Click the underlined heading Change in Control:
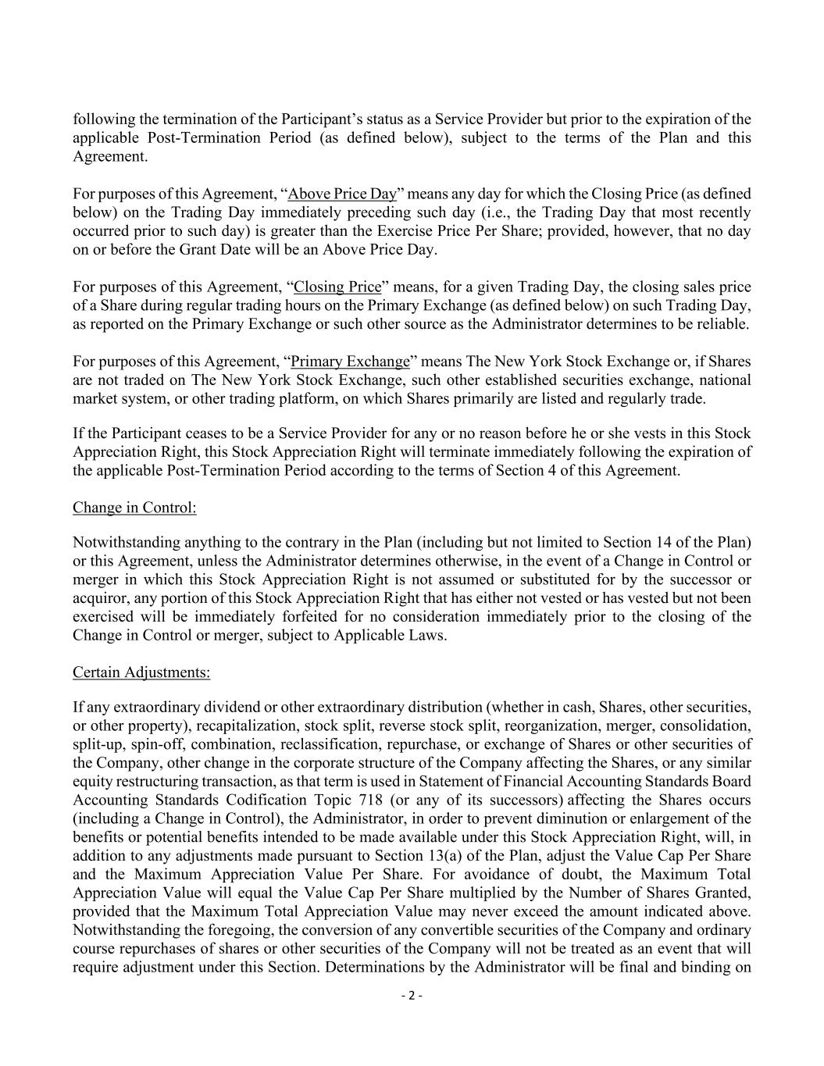tap(134, 508)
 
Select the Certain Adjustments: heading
tap(141, 672)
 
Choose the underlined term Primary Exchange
tap(350, 362)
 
